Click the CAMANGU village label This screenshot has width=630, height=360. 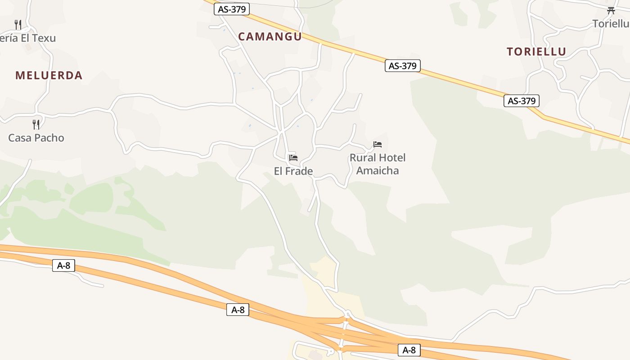coord(270,37)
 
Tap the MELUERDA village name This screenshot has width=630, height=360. coord(49,76)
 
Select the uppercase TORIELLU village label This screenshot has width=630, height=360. coord(536,52)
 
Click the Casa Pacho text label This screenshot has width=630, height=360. coord(36,138)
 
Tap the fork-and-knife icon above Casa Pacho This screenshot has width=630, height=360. coord(36,124)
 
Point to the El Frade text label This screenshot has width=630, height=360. coord(293,171)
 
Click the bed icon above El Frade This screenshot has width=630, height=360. coord(293,157)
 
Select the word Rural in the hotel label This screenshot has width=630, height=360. coord(363,158)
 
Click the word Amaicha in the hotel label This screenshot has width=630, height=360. coord(378,171)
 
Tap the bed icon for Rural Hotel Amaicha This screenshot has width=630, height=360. coord(378,144)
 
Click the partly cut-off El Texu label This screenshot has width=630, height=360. coord(28,38)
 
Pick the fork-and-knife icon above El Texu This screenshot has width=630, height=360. coord(18,24)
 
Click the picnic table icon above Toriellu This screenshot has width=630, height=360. coord(611,10)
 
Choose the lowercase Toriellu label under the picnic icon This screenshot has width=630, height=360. coord(611,23)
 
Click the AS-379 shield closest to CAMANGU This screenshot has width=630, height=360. coord(232,9)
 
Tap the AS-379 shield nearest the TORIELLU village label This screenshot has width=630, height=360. coord(522,101)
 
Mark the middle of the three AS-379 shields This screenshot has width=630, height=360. coord(403,66)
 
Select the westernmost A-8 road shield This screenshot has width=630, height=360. coord(64,265)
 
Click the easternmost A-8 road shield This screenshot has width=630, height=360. coord(409,350)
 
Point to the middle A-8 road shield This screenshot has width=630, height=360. coord(238,310)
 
